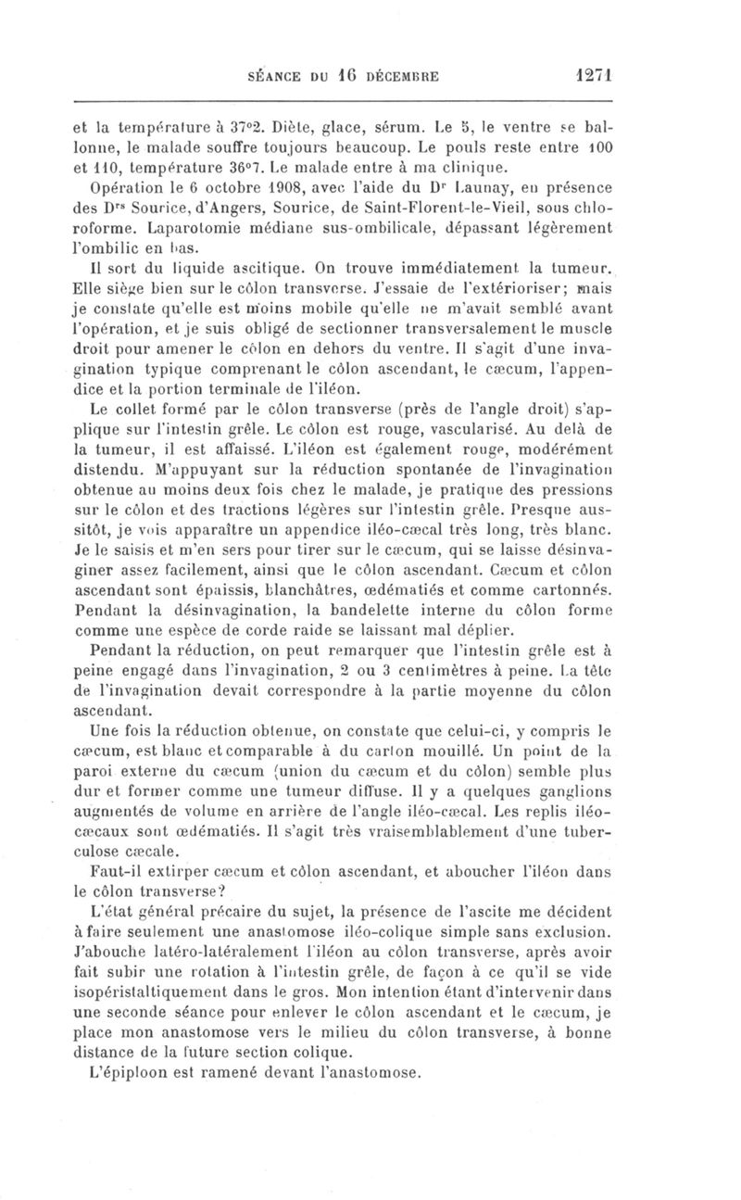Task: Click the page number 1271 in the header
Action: click(x=596, y=73)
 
